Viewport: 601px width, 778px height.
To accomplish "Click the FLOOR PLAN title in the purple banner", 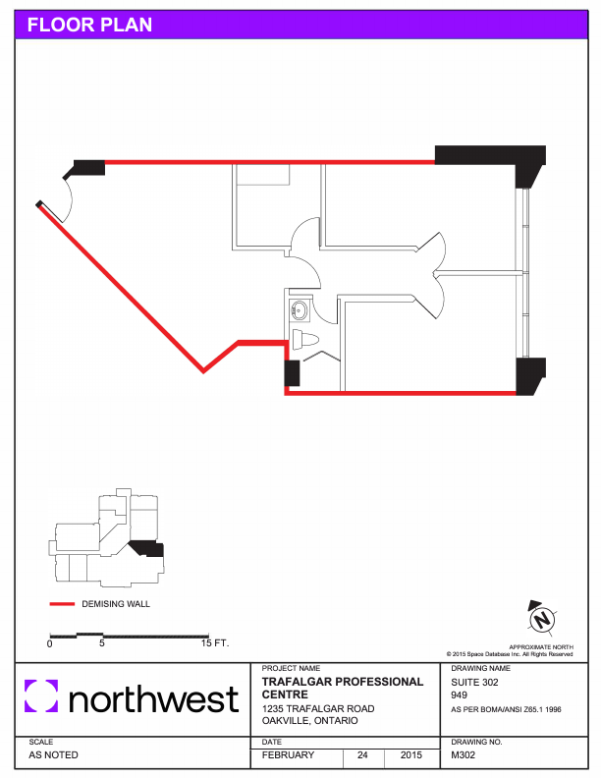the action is tap(89, 25).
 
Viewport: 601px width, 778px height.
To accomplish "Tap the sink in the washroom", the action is tap(300, 310).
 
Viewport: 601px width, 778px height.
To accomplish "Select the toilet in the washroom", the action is tap(305, 340).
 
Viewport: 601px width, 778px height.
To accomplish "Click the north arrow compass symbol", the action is tap(541, 618).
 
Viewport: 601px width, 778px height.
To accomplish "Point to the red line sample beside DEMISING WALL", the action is tap(62, 604).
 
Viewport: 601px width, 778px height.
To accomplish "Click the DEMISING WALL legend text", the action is tap(116, 604).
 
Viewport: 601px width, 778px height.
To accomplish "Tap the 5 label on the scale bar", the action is tap(102, 643).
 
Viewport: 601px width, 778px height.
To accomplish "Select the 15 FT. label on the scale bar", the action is tap(215, 643).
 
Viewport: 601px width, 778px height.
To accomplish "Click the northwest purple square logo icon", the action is tap(41, 695).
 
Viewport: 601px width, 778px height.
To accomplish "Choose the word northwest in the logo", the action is tap(154, 698).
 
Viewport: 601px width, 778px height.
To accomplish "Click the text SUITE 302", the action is tap(474, 683).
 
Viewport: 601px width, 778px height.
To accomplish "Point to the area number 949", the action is tap(459, 695).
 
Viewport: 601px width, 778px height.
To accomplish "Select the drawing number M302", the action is tap(464, 754).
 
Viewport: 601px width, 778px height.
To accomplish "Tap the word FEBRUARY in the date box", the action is tap(288, 754).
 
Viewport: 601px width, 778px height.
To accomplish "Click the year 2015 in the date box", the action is tap(411, 754).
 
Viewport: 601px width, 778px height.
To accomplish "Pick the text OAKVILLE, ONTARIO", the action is tap(310, 720).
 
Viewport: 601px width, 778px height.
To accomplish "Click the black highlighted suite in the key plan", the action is tap(147, 549).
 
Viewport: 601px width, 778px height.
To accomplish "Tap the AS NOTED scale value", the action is tap(54, 754).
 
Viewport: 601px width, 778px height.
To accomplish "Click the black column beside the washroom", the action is tap(292, 373).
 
